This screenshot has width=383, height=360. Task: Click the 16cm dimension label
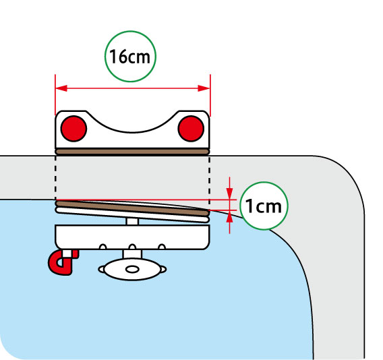click(x=129, y=57)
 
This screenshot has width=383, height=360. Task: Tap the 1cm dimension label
click(x=263, y=206)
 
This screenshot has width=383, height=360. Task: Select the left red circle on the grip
click(x=73, y=129)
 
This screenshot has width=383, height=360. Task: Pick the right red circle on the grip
click(x=191, y=129)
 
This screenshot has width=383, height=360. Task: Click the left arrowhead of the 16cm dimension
click(x=61, y=88)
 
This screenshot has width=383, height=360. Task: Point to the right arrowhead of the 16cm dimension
click(x=204, y=88)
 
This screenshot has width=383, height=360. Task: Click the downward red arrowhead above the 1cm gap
click(x=229, y=193)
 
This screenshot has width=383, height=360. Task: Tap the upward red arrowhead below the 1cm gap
click(x=229, y=216)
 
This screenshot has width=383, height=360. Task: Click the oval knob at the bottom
click(x=132, y=270)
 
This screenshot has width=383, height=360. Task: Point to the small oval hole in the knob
click(x=132, y=270)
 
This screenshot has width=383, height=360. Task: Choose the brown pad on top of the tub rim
click(x=132, y=152)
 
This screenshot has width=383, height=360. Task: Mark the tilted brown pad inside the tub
click(x=132, y=208)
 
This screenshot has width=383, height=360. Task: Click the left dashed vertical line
click(x=56, y=178)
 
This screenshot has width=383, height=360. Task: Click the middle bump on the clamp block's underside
click(x=132, y=247)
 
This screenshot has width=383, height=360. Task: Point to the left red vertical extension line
click(x=55, y=95)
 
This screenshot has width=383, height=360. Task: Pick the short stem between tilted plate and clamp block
click(x=132, y=222)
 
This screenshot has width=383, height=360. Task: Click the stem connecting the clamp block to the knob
click(x=132, y=254)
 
